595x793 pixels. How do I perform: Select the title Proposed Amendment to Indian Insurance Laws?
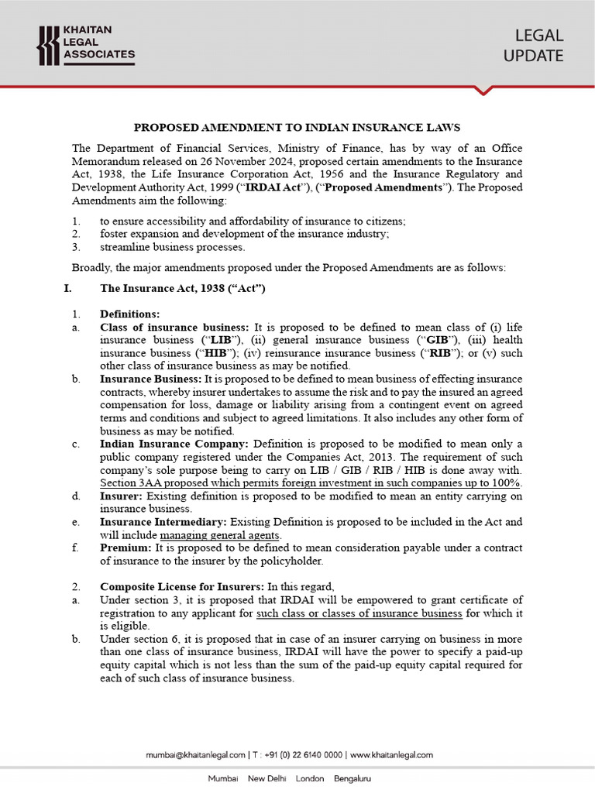(297, 127)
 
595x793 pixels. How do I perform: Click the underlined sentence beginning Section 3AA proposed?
(311, 482)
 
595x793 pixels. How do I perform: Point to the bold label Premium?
(126, 548)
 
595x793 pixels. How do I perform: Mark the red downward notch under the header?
(484, 91)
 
